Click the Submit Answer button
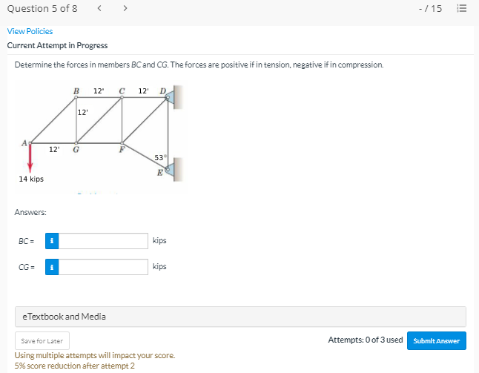(x=437, y=340)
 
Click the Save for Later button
(x=42, y=340)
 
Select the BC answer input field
(x=103, y=241)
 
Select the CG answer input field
(x=103, y=267)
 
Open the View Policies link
(x=30, y=31)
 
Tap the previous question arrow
(x=99, y=8)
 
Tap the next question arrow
(x=125, y=8)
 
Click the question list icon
(x=462, y=8)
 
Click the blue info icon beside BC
(x=52, y=241)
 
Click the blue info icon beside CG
(x=52, y=267)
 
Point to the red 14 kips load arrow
(x=30, y=158)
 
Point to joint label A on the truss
(x=24, y=143)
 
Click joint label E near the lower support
(x=159, y=173)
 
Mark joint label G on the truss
(x=76, y=149)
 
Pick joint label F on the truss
(x=122, y=149)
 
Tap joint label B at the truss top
(x=76, y=91)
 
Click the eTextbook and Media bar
(x=240, y=317)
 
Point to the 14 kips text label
(x=31, y=179)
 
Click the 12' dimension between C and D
(x=144, y=90)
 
